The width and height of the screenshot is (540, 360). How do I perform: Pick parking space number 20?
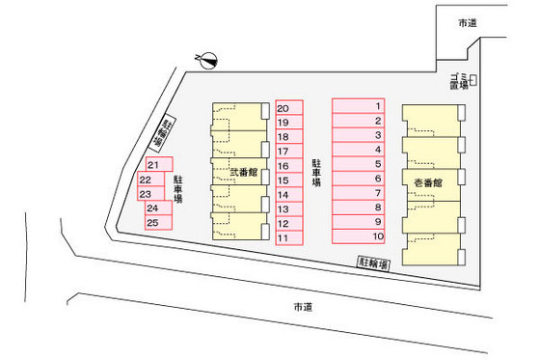pos(289,108)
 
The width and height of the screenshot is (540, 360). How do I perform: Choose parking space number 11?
pos(289,236)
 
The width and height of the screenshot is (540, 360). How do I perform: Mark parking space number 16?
pos(289,166)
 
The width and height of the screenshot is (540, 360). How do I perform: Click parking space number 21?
pos(159,165)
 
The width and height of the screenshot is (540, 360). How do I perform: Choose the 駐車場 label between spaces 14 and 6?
pos(316,173)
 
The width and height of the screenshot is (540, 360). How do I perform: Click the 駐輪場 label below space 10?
pos(373,263)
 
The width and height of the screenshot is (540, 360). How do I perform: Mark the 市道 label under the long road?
pos(303,307)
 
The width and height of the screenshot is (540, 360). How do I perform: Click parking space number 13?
pos(289,208)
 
